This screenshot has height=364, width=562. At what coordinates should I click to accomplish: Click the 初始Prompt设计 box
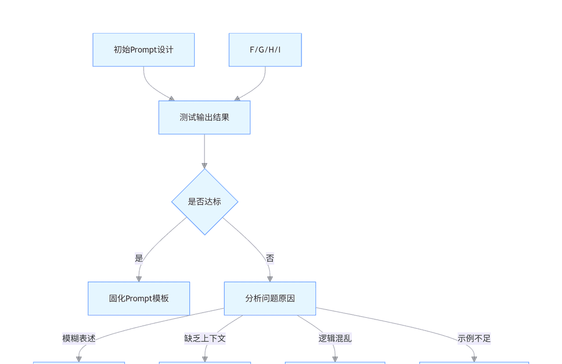[x=144, y=50]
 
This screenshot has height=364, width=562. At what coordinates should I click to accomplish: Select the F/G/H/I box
[x=265, y=50]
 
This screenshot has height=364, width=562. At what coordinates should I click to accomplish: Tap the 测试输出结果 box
[x=204, y=118]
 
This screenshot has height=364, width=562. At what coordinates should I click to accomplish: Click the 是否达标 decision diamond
[x=205, y=202]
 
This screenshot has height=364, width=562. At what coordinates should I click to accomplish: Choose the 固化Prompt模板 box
[x=139, y=299]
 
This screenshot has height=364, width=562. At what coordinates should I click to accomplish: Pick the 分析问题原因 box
[x=270, y=299]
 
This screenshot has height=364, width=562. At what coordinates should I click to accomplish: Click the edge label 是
[x=139, y=258]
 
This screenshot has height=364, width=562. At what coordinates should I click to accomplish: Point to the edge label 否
[x=270, y=258]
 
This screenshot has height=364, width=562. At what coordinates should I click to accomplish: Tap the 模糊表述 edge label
[x=79, y=339]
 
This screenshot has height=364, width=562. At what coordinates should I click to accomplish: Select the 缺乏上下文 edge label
[x=205, y=339]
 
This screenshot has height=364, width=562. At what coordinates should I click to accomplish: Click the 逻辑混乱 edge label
[x=335, y=339]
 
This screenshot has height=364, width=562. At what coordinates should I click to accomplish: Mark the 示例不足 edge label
[x=474, y=339]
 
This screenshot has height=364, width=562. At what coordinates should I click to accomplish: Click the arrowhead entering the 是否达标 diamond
[x=204, y=166]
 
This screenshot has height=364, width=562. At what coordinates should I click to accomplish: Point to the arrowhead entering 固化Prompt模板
[x=139, y=279]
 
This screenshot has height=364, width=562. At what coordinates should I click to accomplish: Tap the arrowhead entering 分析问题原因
[x=270, y=279]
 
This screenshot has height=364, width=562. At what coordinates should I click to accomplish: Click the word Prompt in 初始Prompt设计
[x=144, y=50]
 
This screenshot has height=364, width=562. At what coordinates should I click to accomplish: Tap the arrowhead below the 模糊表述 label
[x=79, y=359]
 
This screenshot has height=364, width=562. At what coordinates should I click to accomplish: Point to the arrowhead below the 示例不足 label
[x=474, y=359]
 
